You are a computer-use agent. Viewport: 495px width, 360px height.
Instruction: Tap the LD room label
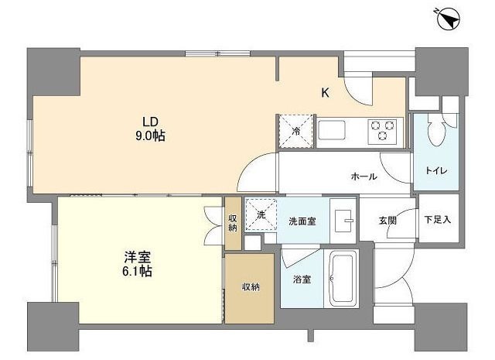click(x=150, y=122)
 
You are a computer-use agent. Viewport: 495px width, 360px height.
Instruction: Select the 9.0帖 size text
click(x=150, y=136)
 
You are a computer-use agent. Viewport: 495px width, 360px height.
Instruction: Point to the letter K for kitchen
click(x=325, y=93)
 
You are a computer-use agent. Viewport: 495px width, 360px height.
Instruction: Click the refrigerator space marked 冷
click(x=295, y=131)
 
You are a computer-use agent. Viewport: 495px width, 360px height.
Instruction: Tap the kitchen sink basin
click(x=331, y=130)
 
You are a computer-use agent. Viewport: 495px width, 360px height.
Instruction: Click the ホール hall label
click(x=364, y=177)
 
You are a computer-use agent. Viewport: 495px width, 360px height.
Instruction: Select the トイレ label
click(x=436, y=171)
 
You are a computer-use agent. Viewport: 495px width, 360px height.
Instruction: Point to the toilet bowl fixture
click(x=436, y=130)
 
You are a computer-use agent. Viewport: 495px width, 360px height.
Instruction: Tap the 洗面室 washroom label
click(x=302, y=221)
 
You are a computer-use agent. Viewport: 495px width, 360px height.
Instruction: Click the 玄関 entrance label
click(x=387, y=221)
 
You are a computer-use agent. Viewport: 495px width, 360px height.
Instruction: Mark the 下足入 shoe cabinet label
click(x=438, y=219)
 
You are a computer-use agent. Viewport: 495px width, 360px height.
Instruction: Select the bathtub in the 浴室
click(x=342, y=279)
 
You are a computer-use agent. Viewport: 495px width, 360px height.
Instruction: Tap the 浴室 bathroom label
click(x=302, y=279)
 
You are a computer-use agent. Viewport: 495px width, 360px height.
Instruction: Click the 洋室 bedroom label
click(x=138, y=257)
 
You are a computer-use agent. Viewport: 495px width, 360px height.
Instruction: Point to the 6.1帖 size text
click(x=137, y=272)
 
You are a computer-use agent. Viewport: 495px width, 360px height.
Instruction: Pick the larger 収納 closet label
click(x=251, y=287)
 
